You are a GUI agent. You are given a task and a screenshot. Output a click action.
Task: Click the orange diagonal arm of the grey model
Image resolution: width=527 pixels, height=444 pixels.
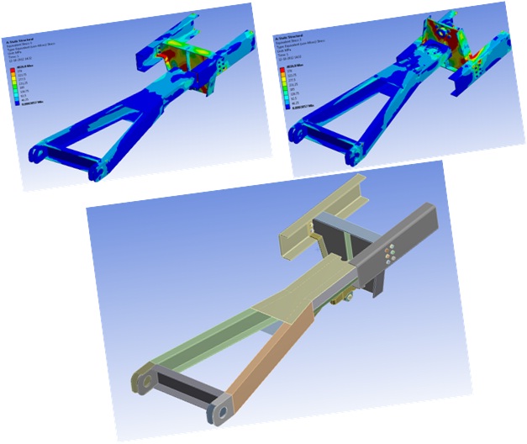[270, 362]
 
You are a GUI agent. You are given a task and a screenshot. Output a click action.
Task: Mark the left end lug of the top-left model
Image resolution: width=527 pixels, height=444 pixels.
[37, 152]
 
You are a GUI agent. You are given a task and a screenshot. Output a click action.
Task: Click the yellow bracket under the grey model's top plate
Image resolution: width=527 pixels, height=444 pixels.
[340, 295]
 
